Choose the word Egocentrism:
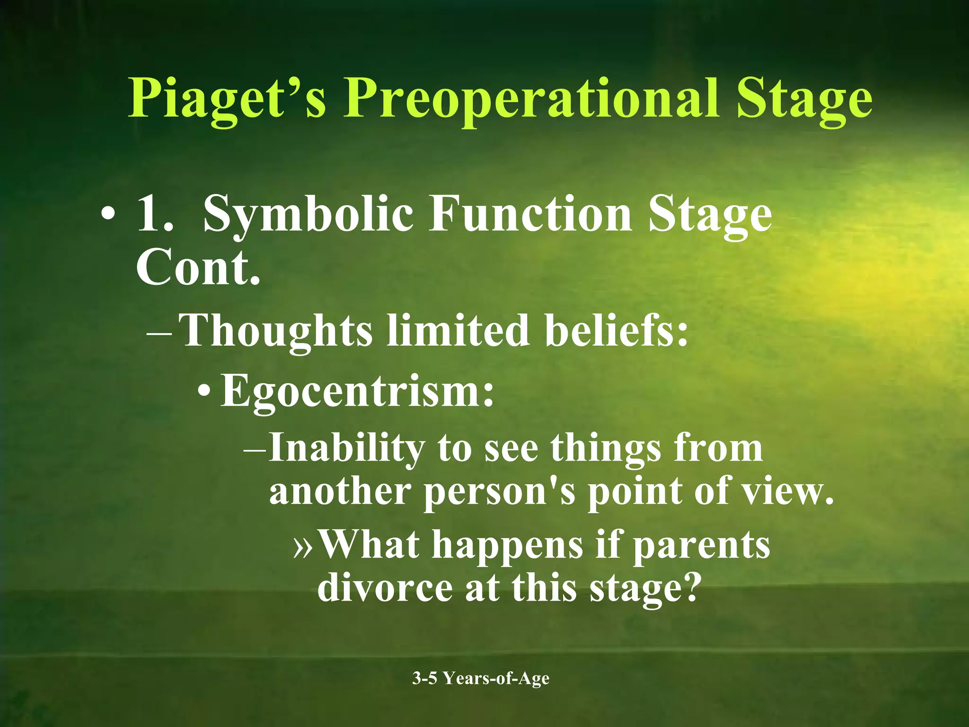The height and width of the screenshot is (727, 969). point(357,391)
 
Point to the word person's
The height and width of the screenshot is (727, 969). point(499,492)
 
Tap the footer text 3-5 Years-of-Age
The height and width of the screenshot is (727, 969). point(481,678)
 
